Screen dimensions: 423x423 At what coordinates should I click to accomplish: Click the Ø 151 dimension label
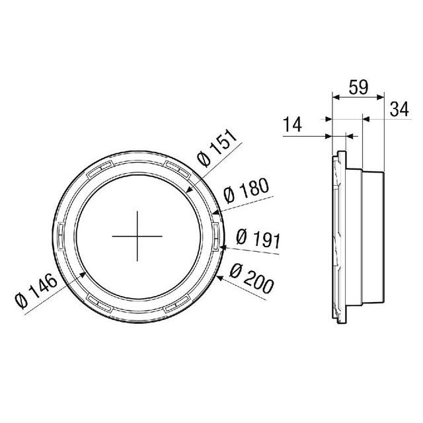click(x=219, y=151)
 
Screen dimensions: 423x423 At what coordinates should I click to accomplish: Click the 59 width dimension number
click(x=357, y=86)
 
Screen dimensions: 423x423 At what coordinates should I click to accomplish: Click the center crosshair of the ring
click(x=137, y=237)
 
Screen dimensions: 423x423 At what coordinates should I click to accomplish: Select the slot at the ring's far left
click(x=59, y=234)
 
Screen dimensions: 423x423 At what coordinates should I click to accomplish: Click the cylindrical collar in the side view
click(x=373, y=237)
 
